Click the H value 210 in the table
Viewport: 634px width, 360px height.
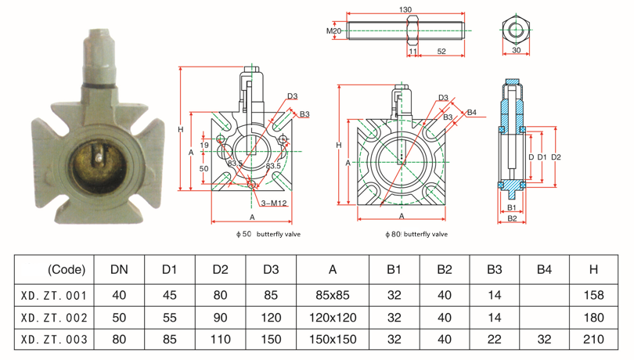click(594, 340)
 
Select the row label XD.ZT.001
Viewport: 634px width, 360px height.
click(54, 296)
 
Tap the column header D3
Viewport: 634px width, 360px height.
click(271, 270)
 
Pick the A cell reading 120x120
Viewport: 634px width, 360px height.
click(333, 319)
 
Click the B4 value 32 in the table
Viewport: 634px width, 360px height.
click(544, 340)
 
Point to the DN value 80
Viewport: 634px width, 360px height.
click(119, 340)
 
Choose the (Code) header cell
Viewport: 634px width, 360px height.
click(66, 270)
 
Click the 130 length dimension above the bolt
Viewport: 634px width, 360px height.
click(405, 10)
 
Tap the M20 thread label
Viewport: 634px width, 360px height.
click(334, 31)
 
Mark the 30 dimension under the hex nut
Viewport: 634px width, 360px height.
click(516, 50)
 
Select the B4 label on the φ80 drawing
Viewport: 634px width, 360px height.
click(471, 113)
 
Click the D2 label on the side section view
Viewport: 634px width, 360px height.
click(557, 157)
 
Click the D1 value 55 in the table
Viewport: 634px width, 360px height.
click(169, 319)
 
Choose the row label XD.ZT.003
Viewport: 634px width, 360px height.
click(54, 340)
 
